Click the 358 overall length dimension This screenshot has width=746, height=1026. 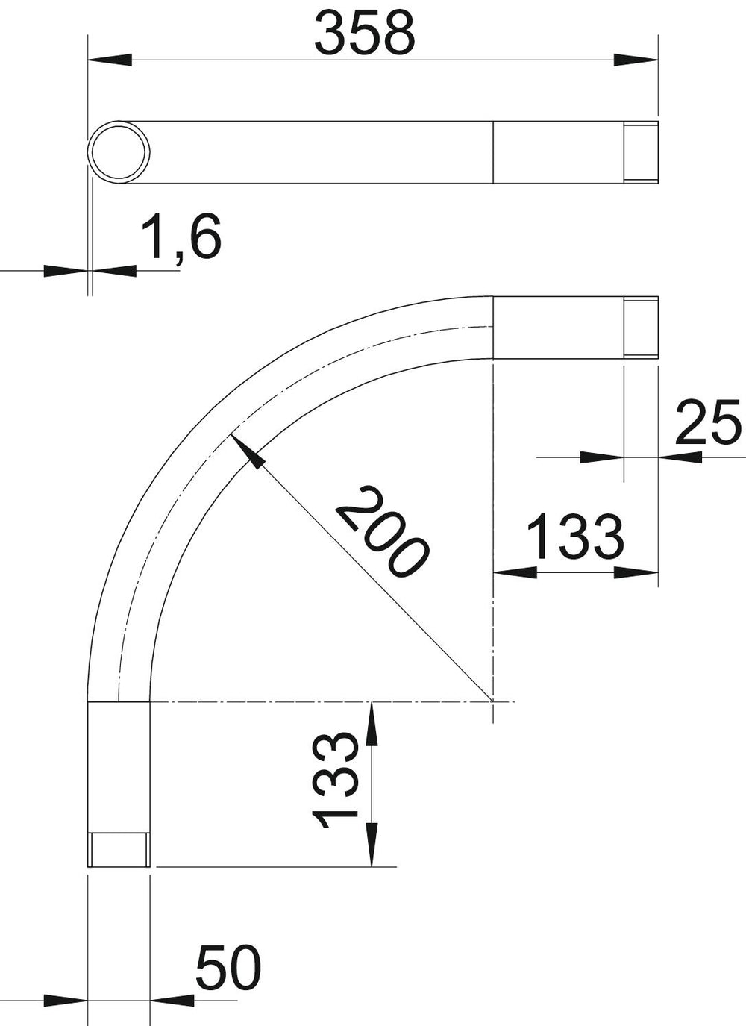click(365, 33)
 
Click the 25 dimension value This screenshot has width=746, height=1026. click(707, 422)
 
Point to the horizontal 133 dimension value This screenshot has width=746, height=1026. click(576, 537)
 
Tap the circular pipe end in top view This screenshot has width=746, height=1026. click(119, 152)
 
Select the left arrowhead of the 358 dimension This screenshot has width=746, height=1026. click(110, 60)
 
